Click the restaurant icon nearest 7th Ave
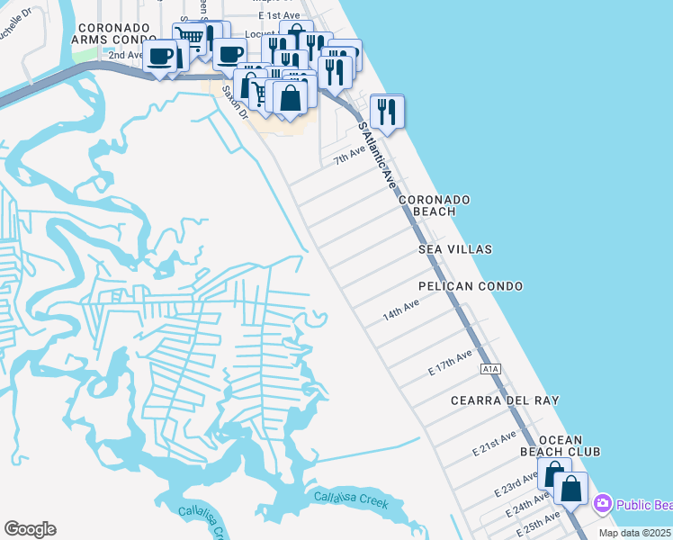tap(387, 112)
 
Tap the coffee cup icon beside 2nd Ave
tap(161, 57)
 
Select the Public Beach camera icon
tap(602, 503)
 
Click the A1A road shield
tap(489, 369)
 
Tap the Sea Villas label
tap(455, 248)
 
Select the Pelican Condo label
tap(471, 286)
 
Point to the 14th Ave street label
tap(401, 311)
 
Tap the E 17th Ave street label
tap(450, 364)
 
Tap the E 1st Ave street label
tap(278, 16)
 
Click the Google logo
tap(30, 529)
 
